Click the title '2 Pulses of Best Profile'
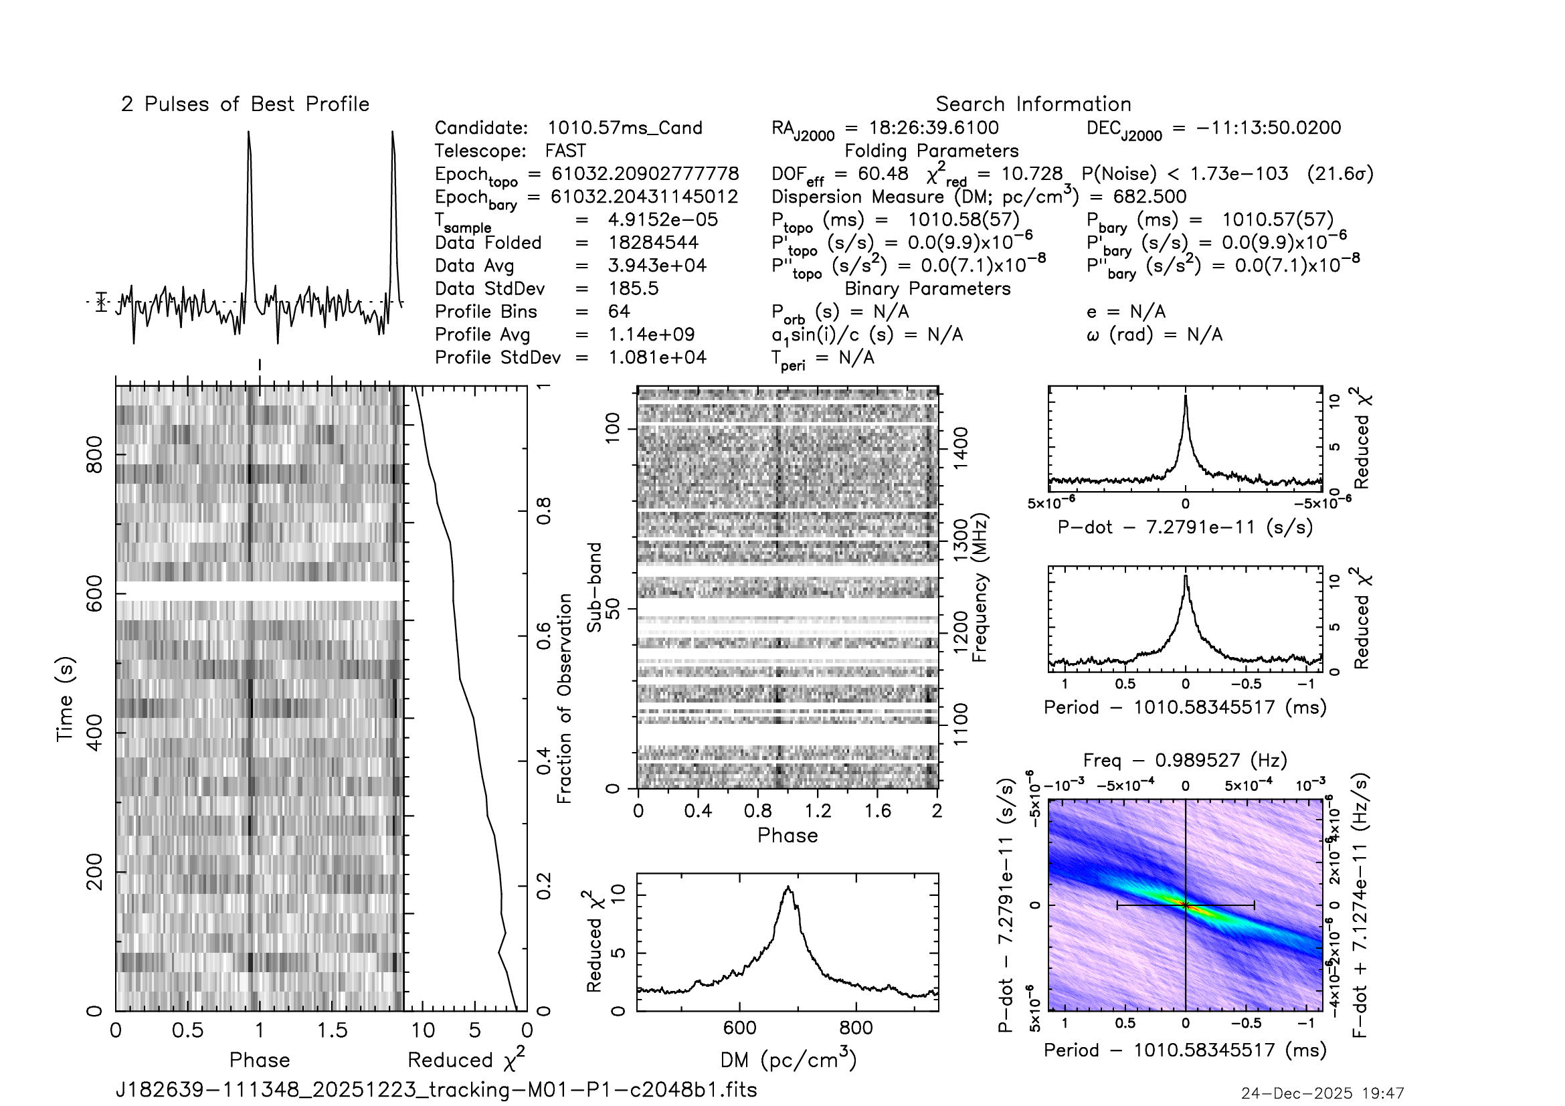click(245, 104)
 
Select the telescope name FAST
click(565, 151)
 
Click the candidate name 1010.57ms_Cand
click(624, 128)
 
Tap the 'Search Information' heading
click(1032, 104)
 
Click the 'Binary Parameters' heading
click(927, 289)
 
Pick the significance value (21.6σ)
click(1340, 174)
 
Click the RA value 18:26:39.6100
click(933, 128)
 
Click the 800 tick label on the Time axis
click(94, 454)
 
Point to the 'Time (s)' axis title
click(65, 699)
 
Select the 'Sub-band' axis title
click(594, 587)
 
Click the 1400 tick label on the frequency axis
click(960, 447)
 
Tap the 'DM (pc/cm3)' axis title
click(788, 1061)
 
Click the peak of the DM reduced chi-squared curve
click(789, 887)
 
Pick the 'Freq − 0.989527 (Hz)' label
click(1185, 761)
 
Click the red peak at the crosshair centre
click(1186, 905)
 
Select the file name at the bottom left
click(436, 1090)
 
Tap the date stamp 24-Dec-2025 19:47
click(1321, 1093)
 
